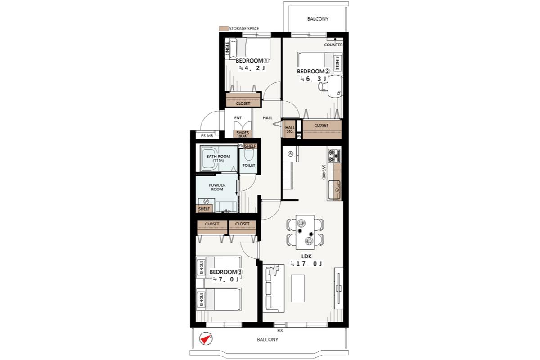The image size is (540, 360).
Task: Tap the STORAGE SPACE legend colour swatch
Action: [x=224, y=28]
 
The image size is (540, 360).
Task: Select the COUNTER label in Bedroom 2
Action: [x=333, y=45]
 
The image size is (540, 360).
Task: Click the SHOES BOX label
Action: [x=243, y=134]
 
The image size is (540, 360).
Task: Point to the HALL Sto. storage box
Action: [x=289, y=129]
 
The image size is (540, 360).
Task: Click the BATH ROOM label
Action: [x=218, y=157]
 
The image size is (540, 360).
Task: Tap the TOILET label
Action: [x=248, y=166]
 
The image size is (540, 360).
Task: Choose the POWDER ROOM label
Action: [x=217, y=187]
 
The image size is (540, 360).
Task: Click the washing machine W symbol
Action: [x=206, y=201]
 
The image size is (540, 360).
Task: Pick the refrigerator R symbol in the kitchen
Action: [x=291, y=154]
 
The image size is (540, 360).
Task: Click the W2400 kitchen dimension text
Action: [x=324, y=172]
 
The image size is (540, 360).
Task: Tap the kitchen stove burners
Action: [x=334, y=156]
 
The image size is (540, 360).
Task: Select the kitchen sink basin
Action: [x=335, y=190]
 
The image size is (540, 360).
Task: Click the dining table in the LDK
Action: [x=305, y=232]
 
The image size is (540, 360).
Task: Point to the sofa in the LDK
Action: [x=274, y=288]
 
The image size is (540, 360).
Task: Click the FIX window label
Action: [x=280, y=331]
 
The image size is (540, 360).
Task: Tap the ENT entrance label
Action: [x=238, y=118]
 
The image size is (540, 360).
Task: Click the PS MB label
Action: [x=207, y=136]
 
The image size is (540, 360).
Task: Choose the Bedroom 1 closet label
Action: [x=243, y=103]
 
